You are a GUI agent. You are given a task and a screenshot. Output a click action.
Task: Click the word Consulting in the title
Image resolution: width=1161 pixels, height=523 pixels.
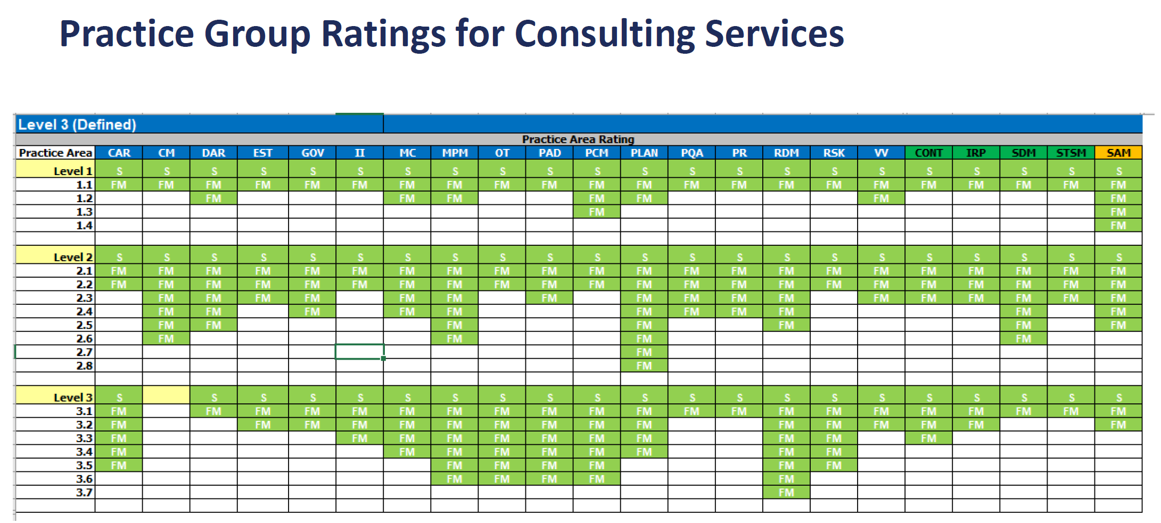[x=605, y=34]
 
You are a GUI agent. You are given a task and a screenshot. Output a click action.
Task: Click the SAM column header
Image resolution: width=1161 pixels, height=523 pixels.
[x=1118, y=153]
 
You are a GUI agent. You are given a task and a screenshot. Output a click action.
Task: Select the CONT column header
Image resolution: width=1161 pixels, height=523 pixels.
[x=928, y=153]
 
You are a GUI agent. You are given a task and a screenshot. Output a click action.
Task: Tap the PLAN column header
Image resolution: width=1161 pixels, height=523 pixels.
[x=644, y=153]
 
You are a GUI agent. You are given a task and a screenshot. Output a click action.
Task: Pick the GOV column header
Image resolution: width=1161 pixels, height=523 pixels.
[x=312, y=153]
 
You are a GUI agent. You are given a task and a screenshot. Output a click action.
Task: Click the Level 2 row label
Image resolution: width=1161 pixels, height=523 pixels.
[x=73, y=257]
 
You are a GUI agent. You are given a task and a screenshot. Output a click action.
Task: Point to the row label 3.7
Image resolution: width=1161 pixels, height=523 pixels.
[x=84, y=492]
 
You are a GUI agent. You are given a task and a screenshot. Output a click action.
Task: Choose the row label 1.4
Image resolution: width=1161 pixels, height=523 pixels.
[x=84, y=225]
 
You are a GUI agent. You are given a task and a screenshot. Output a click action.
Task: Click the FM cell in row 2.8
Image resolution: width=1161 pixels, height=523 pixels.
[x=644, y=366]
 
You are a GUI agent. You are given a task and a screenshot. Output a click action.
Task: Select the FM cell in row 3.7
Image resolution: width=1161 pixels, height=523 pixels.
[x=786, y=492]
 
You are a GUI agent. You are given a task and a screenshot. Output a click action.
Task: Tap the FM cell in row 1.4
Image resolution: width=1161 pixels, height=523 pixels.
[x=1118, y=225]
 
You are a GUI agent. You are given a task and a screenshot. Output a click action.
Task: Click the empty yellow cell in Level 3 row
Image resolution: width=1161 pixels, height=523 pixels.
[x=166, y=397]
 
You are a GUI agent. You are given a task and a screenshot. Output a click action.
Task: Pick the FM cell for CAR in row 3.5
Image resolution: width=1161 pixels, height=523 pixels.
[x=119, y=465]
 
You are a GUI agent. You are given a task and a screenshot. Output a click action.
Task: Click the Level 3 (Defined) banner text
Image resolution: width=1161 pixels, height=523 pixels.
[x=77, y=124]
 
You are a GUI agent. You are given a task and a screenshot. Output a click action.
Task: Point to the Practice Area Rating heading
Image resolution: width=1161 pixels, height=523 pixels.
[x=578, y=139]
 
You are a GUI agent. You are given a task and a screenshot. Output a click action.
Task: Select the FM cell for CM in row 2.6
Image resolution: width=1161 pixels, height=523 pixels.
[x=166, y=338]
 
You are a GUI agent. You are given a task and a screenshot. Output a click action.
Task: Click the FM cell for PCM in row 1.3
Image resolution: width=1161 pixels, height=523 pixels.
[x=597, y=212]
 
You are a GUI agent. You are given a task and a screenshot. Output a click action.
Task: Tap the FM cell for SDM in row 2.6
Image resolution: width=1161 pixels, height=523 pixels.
[x=1023, y=338]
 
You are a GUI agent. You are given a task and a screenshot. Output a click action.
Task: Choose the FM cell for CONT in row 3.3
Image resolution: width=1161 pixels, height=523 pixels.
[x=928, y=438]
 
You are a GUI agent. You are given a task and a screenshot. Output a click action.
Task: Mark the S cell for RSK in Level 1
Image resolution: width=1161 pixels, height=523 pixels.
[x=834, y=171]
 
